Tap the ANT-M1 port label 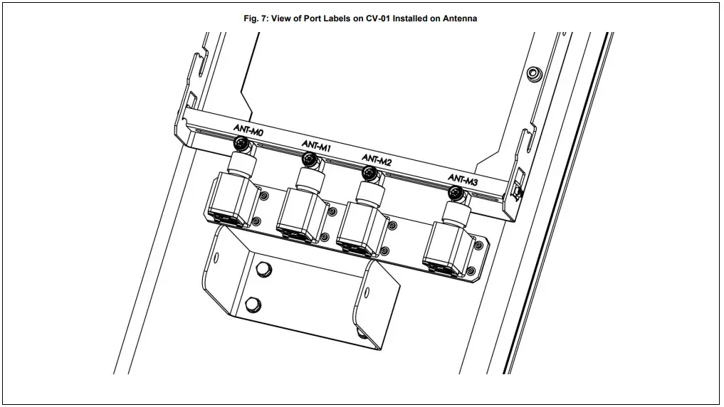(x=316, y=145)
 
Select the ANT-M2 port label (x=377, y=159)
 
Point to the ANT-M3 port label (x=463, y=179)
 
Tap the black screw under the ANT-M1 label (x=311, y=160)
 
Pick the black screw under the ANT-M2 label (x=369, y=173)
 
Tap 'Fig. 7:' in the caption (x=257, y=18)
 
